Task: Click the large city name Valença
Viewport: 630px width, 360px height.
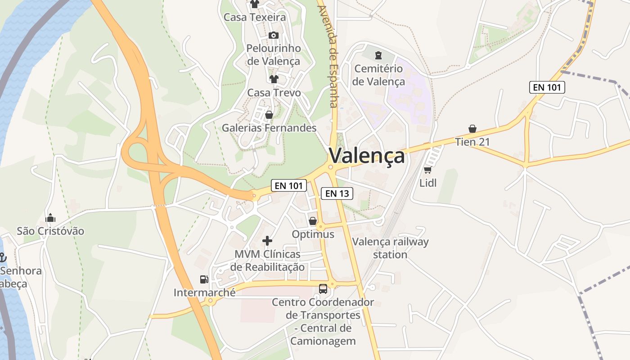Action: (367, 156)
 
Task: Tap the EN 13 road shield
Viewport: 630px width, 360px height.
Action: (337, 193)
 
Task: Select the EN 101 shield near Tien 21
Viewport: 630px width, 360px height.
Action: (547, 87)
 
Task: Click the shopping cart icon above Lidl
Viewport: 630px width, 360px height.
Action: (427, 170)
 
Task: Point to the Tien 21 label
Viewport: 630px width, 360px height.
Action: (472, 142)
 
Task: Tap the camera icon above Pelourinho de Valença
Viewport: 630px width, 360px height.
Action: (273, 35)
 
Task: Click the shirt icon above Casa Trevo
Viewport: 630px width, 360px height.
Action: (274, 79)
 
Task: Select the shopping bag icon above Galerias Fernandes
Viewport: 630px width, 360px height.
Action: (269, 115)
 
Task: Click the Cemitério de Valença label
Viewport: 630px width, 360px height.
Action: (378, 75)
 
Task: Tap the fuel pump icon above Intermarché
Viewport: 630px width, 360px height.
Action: (204, 279)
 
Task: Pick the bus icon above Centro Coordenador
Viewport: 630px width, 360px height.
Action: (323, 288)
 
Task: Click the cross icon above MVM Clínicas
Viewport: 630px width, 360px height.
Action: (267, 241)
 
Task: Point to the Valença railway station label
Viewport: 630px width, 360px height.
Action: (390, 248)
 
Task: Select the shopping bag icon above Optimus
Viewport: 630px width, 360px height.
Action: (313, 221)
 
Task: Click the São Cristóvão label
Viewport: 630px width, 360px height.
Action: (50, 231)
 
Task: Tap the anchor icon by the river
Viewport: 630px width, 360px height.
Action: (3, 257)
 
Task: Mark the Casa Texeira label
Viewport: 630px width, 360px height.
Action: (255, 18)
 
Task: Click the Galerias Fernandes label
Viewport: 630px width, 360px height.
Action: (269, 128)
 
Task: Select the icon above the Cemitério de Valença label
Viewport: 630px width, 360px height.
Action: (378, 55)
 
